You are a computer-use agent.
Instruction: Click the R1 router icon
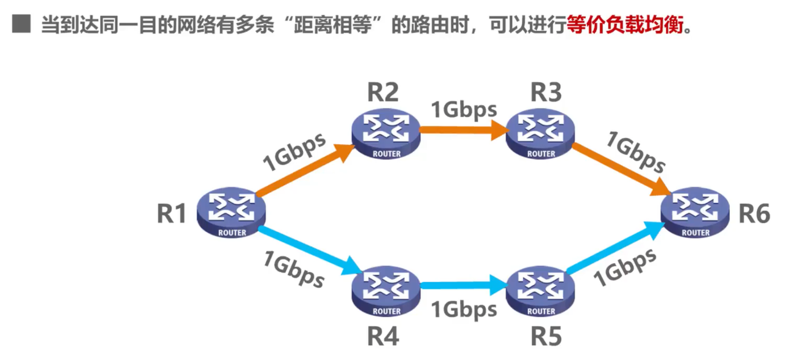[232, 212]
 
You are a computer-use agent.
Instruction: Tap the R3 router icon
[540, 133]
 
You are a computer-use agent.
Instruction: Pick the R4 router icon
[386, 290]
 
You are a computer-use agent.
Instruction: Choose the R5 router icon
[540, 290]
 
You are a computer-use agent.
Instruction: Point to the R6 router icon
[695, 212]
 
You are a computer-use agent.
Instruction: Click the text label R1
[172, 214]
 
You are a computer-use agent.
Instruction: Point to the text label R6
[754, 214]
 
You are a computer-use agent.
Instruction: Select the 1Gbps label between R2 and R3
[464, 109]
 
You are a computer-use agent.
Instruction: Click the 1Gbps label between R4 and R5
[464, 309]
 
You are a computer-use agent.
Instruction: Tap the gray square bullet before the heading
[21, 26]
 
